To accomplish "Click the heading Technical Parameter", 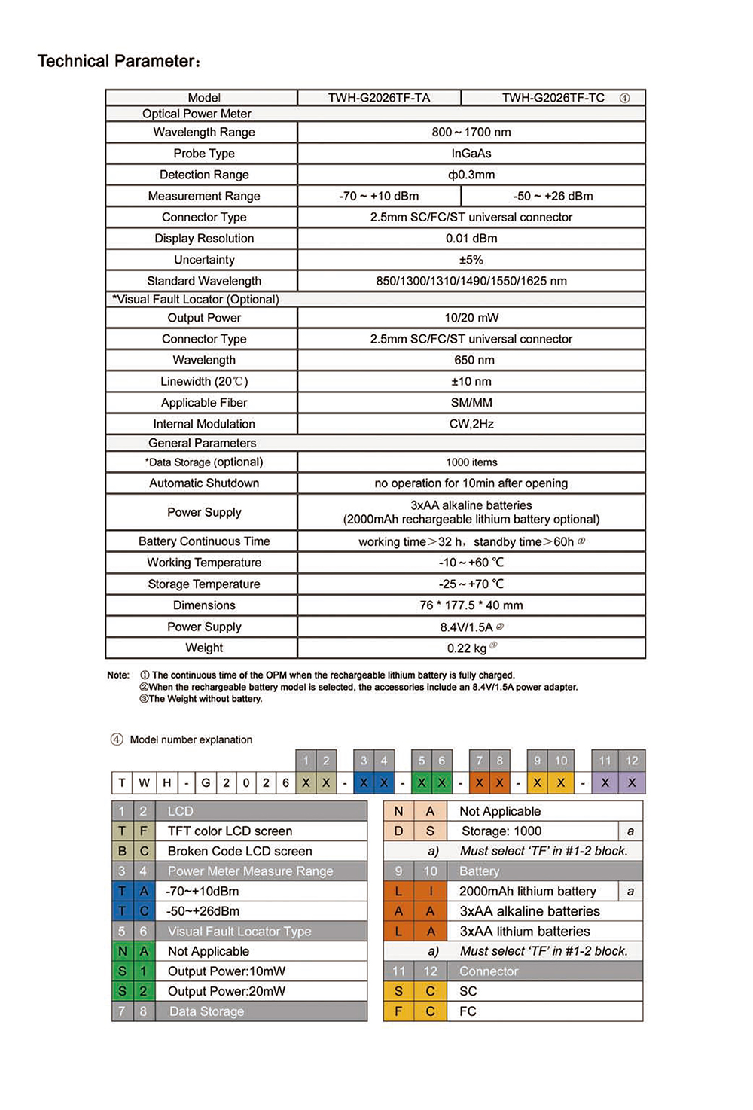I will click(x=118, y=61).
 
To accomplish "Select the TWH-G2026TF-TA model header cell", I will click(x=379, y=98).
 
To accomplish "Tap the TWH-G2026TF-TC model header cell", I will click(x=553, y=98).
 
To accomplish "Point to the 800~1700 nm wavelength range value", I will click(x=471, y=132).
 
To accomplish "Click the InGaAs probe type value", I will click(x=471, y=154).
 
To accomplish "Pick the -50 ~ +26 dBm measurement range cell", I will click(x=553, y=196).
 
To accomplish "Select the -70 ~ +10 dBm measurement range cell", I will click(x=379, y=196).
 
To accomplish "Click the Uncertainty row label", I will click(x=204, y=260).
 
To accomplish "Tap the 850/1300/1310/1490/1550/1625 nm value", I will click(x=471, y=281).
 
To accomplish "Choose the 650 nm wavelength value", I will click(x=474, y=360).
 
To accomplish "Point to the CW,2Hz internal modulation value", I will click(x=471, y=424).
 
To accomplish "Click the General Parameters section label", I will click(x=202, y=443).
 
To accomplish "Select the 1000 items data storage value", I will click(x=471, y=462).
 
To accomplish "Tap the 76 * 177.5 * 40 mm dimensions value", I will click(x=471, y=605).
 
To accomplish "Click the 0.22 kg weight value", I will click(x=467, y=648).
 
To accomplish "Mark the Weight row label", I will click(x=204, y=648).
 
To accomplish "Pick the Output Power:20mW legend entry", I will click(x=226, y=991).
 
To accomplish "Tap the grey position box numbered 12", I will click(x=632, y=761).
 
